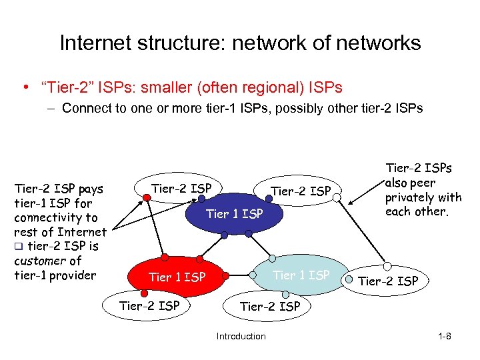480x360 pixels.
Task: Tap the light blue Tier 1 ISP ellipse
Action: pos(301,275)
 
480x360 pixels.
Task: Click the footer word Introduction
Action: pos(241,336)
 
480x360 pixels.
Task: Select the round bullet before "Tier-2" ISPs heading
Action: pos(24,88)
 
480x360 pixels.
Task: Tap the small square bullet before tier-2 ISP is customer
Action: pos(18,247)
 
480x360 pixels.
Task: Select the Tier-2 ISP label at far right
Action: pos(388,281)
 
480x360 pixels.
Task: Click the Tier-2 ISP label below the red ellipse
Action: pos(149,306)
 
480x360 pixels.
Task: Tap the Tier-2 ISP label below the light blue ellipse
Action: pos(270,307)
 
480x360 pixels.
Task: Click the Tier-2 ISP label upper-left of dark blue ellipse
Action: pos(181,189)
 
